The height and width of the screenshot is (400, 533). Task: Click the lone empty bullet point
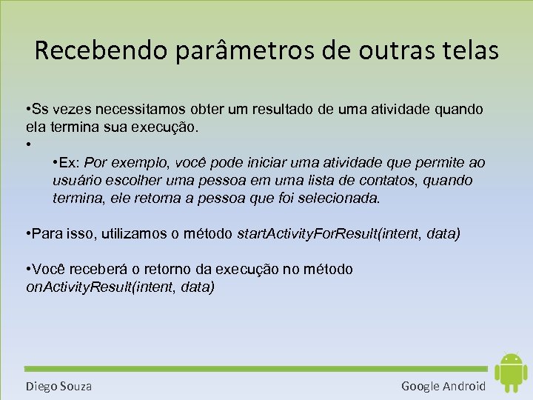click(27, 144)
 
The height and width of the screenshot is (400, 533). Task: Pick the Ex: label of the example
click(71, 163)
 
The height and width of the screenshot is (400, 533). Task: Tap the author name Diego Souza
click(58, 386)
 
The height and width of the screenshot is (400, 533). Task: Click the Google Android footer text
click(443, 386)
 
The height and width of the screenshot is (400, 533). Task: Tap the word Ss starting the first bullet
click(39, 110)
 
